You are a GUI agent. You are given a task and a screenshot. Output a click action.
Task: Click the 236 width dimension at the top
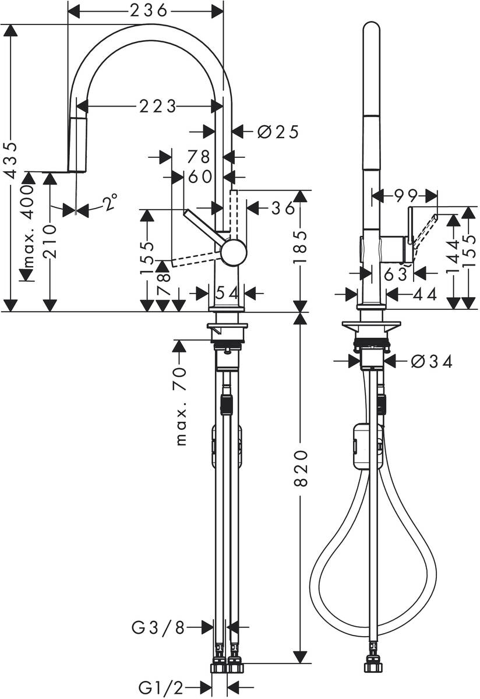tap(145, 10)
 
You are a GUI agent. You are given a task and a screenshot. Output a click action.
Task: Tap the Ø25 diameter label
tap(278, 132)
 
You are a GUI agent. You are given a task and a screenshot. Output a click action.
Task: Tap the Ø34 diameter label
tap(431, 362)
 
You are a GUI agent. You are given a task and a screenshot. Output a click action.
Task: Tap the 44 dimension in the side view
tap(423, 295)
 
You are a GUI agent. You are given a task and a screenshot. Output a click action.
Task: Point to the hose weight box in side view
tap(365, 446)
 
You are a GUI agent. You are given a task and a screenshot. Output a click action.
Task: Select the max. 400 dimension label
tap(28, 228)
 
